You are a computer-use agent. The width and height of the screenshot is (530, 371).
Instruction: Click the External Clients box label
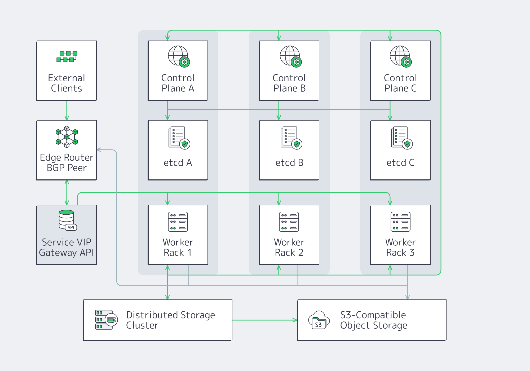click(67, 83)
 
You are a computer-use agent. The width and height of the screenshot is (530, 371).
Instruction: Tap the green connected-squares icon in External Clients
click(67, 56)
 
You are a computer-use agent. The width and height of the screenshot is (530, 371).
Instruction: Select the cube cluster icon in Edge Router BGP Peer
click(67, 137)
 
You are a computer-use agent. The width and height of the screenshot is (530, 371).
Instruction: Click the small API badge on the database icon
click(71, 227)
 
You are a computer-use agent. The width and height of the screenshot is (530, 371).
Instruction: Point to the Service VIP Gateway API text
click(67, 247)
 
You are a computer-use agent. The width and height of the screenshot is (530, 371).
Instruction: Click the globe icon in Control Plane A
click(178, 55)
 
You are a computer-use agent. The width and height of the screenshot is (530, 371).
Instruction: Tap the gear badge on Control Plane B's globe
click(296, 62)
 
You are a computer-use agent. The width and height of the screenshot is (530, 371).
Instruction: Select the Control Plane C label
click(400, 83)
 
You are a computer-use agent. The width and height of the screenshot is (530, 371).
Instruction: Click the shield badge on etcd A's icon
click(185, 144)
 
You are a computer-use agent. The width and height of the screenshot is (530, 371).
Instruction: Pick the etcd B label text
click(289, 162)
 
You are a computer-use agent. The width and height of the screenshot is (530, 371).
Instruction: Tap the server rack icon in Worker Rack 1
click(178, 222)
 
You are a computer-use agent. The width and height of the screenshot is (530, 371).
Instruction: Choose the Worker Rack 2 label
click(289, 247)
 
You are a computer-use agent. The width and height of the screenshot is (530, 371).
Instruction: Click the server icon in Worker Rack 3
click(400, 222)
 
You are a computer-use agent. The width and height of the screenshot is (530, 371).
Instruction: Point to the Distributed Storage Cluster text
click(170, 320)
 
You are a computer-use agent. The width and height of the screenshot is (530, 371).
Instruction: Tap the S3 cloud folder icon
click(319, 320)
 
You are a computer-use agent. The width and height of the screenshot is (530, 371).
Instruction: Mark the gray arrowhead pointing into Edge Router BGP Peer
click(99, 150)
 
